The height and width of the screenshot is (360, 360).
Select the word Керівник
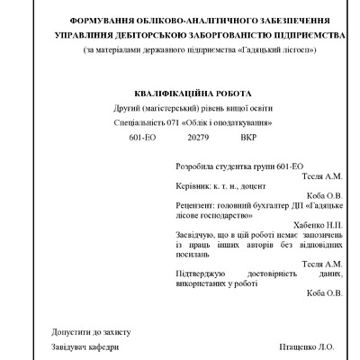pos(195,192)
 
